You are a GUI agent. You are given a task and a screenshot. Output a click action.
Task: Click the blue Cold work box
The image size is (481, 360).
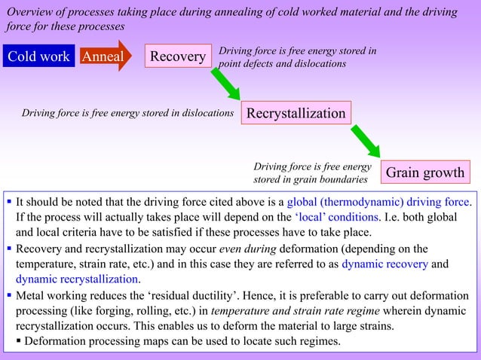[38, 56]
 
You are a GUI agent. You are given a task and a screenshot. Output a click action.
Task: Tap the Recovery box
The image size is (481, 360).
[178, 56]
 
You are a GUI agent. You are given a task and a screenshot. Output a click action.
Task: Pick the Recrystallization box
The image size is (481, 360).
[296, 113]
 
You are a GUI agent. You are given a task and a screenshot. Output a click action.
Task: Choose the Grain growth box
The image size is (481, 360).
[425, 172]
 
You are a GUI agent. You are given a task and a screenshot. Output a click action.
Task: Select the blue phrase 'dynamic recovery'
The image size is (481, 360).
[384, 264]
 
